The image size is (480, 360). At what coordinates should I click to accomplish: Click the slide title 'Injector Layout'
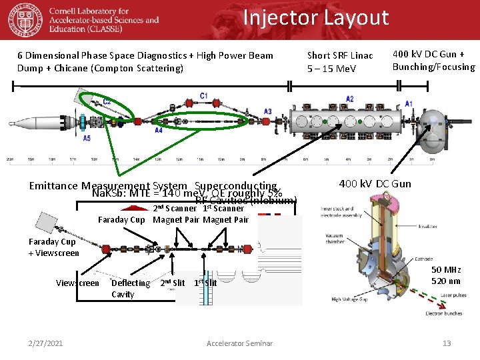[x=315, y=17]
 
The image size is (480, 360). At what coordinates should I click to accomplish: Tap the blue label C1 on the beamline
[x=203, y=96]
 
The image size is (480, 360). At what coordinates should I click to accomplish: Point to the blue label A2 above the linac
[x=350, y=99]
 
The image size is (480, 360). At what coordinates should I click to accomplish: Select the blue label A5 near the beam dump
[x=87, y=138]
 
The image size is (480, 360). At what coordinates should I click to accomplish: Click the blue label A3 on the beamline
[x=267, y=111]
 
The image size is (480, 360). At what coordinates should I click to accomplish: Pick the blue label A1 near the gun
[x=409, y=104]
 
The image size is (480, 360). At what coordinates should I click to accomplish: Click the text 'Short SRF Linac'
[x=340, y=55]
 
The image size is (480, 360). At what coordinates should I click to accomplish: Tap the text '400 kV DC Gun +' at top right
[x=429, y=54]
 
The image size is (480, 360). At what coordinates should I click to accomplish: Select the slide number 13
[x=447, y=343]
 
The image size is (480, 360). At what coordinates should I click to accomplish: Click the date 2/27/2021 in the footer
[x=46, y=343]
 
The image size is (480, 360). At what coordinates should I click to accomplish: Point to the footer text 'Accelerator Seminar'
[x=239, y=343]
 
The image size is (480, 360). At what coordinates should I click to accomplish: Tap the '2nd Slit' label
[x=173, y=283]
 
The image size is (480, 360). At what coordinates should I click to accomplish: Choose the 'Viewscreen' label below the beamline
[x=77, y=283]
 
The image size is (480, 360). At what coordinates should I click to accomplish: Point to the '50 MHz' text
[x=445, y=269]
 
